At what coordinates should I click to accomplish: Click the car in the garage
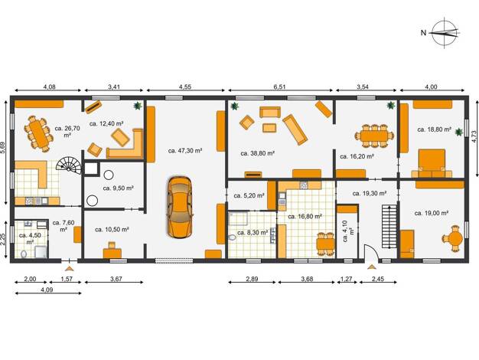tap(180, 207)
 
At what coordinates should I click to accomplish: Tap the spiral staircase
tap(70, 165)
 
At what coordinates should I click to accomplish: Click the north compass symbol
tap(445, 32)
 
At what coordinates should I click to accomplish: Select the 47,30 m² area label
tap(185, 150)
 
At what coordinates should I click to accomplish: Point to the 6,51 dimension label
tap(279, 87)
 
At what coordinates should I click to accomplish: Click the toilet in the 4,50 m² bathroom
tap(24, 254)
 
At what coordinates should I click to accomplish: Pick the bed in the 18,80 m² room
tap(432, 163)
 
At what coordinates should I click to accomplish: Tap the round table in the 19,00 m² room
tap(453, 238)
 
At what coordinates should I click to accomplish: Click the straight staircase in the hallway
tap(389, 227)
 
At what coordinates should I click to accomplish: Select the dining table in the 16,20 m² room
tap(374, 136)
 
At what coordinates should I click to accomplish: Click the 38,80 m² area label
tap(257, 153)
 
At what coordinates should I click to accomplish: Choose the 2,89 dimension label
tap(252, 279)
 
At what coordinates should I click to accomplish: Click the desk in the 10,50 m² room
tap(112, 250)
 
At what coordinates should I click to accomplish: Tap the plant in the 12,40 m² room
tap(138, 106)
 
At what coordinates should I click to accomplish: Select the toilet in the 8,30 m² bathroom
tap(233, 237)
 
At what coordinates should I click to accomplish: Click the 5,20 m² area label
tap(249, 195)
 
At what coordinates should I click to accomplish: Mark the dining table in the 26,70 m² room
tap(38, 133)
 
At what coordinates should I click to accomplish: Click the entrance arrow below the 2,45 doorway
tap(372, 267)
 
